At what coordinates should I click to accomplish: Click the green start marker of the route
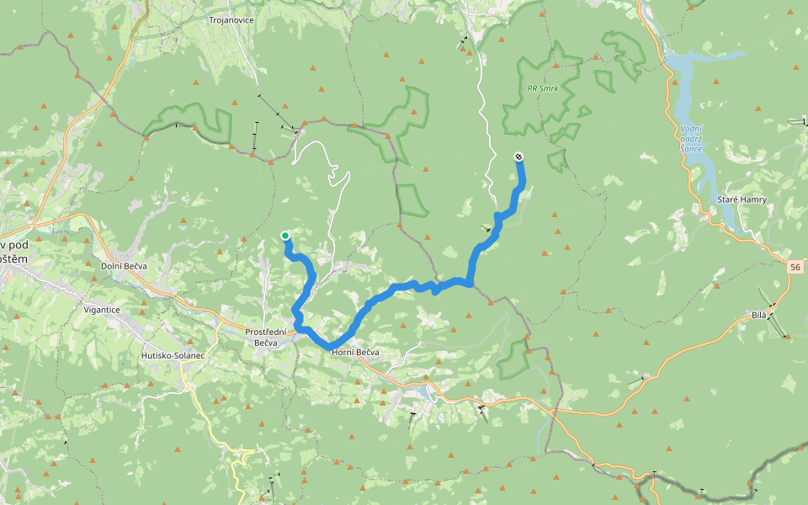coord(285,236)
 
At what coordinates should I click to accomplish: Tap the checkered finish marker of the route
coord(518,157)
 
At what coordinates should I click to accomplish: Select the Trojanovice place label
coord(231,19)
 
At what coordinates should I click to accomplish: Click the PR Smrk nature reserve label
coord(544,88)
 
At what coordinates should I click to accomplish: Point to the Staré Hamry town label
coord(740,199)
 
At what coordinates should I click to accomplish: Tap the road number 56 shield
coord(795,267)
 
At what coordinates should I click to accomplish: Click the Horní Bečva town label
coord(355,352)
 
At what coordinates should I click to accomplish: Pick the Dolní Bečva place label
coord(124,266)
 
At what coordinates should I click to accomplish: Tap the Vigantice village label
coord(102,310)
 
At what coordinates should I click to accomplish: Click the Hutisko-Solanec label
coord(173,356)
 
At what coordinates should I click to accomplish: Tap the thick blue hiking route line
coord(396,290)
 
